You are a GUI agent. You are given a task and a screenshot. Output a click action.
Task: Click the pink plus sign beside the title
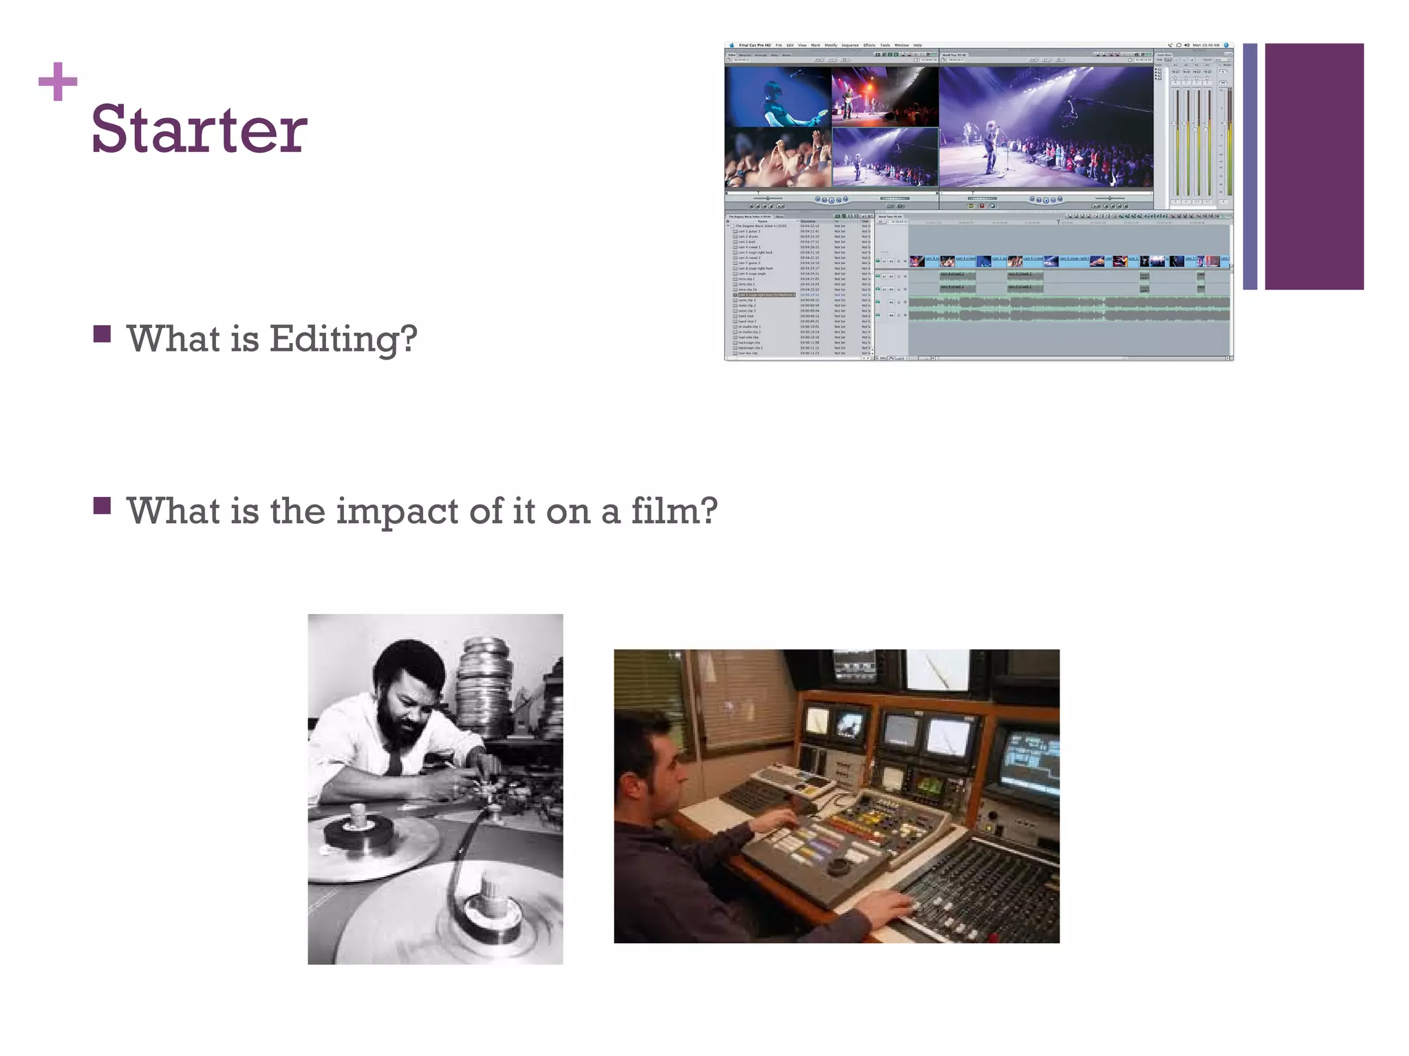click(58, 82)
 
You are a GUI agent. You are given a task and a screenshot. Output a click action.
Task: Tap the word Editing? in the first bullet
click(343, 338)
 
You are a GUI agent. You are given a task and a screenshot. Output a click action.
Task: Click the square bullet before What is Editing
click(102, 334)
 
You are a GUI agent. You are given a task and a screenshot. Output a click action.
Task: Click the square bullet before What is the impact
click(102, 506)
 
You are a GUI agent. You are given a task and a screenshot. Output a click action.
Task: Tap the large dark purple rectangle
click(1313, 166)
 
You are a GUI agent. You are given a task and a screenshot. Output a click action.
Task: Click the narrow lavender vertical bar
click(1250, 166)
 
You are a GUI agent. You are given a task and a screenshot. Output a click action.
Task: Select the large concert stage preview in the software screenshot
click(1046, 127)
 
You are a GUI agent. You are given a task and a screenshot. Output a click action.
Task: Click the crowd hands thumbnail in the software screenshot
click(777, 158)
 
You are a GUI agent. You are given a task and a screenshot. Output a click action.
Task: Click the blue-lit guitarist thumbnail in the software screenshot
click(777, 96)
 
